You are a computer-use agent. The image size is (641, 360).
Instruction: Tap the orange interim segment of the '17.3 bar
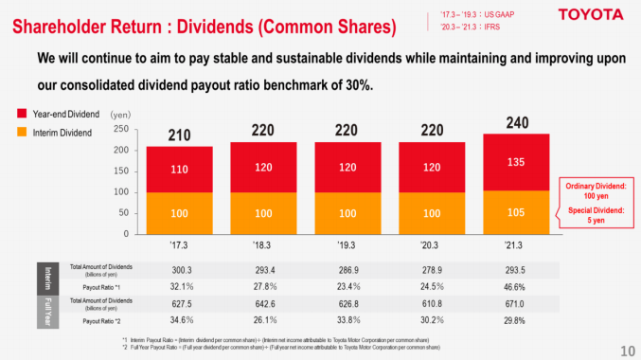[x=179, y=212]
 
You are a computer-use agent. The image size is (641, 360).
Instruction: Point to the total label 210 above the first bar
[x=179, y=135]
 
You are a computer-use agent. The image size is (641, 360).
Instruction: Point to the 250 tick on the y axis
[x=121, y=129]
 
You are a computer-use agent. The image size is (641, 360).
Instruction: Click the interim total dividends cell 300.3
[x=179, y=270]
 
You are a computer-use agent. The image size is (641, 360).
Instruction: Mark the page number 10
[x=627, y=347]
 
